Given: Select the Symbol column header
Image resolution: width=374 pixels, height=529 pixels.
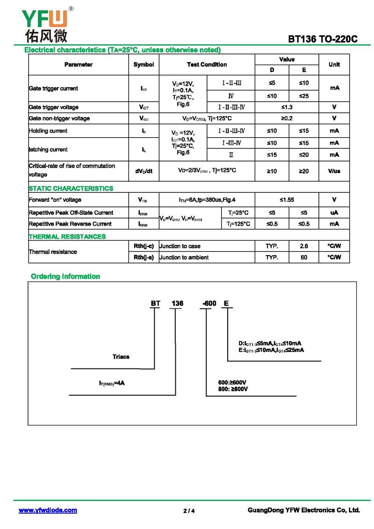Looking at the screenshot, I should (144, 65).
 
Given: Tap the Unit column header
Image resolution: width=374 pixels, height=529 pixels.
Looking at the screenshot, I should (334, 65).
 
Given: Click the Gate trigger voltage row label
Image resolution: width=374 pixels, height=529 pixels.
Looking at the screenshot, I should (54, 107).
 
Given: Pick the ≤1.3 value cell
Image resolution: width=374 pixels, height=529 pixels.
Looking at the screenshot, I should (287, 107).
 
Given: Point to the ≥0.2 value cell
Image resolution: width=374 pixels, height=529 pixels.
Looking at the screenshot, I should (287, 118).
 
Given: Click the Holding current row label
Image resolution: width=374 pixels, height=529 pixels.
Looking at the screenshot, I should (48, 131).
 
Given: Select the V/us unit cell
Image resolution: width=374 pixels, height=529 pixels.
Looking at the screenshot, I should (334, 171).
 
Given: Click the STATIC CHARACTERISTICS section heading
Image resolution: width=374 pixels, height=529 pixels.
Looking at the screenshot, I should (71, 188).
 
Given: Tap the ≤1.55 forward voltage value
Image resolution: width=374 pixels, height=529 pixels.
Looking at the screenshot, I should (287, 200).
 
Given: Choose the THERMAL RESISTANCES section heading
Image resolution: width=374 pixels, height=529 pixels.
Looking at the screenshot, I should (67, 236).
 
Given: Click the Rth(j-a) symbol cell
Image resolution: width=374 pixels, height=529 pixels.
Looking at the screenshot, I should (144, 257).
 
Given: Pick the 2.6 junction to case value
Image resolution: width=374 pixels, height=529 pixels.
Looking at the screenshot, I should (304, 246).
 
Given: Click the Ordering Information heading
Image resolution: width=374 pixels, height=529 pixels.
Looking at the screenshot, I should (65, 276).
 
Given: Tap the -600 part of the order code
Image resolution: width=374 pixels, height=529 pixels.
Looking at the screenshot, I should (209, 303).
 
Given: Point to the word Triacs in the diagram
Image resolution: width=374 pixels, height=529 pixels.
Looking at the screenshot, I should (121, 357).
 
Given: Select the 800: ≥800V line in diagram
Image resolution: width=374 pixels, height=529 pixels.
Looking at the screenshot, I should (233, 389).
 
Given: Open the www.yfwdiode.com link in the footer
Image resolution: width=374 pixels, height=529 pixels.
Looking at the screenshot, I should (48, 510).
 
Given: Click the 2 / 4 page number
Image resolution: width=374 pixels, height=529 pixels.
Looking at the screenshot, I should (189, 511).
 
